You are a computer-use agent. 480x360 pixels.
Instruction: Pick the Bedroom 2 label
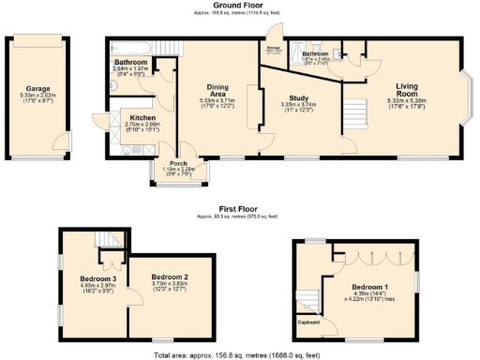coord(171,277)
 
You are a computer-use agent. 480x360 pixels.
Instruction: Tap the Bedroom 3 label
coord(97,278)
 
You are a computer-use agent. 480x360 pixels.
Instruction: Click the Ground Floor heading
coord(243,6)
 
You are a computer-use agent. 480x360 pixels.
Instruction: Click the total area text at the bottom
coord(241,355)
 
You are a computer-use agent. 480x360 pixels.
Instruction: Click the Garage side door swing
coord(61,141)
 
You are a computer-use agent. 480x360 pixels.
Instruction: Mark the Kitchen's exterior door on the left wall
coord(100,122)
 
